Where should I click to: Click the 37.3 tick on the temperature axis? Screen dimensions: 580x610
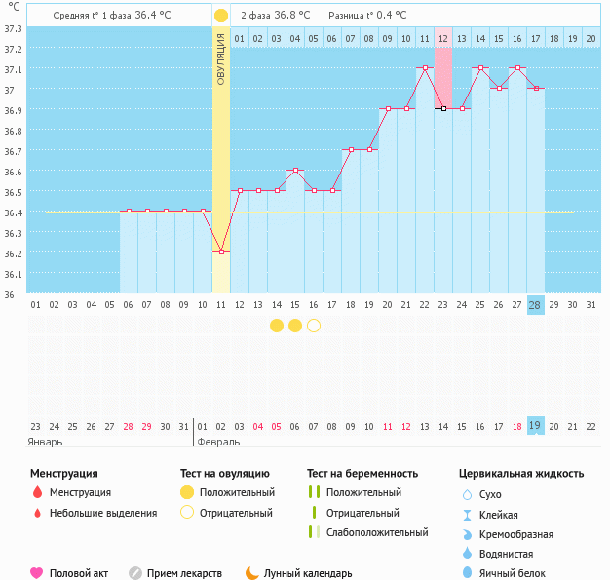click(x=13, y=28)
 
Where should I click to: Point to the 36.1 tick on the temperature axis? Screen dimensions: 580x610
click(x=13, y=274)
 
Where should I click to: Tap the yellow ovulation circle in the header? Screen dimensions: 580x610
click(x=221, y=16)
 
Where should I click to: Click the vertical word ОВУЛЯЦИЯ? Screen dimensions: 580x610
click(x=221, y=58)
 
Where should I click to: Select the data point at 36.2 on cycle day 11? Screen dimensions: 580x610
click(x=221, y=251)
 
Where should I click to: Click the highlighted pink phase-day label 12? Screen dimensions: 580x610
click(x=442, y=38)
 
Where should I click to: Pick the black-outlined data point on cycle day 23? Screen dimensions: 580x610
click(x=442, y=109)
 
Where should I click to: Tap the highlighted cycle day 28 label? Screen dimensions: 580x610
click(x=535, y=305)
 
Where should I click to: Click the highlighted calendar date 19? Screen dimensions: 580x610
click(x=535, y=426)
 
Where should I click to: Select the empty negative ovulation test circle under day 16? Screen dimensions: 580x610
click(x=314, y=326)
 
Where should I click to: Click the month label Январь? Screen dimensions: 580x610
click(x=45, y=442)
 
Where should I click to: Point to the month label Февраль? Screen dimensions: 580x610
click(x=218, y=442)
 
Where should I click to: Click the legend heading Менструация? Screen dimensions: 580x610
click(x=63, y=474)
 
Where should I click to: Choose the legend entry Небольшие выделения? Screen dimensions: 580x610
click(x=102, y=513)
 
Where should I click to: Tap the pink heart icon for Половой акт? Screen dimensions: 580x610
click(x=37, y=573)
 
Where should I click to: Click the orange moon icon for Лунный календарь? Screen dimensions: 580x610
click(x=252, y=573)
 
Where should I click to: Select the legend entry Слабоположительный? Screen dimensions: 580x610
click(x=377, y=532)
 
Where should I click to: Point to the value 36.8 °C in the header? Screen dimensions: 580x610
click(x=292, y=16)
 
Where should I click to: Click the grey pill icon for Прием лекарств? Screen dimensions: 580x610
click(x=135, y=573)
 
